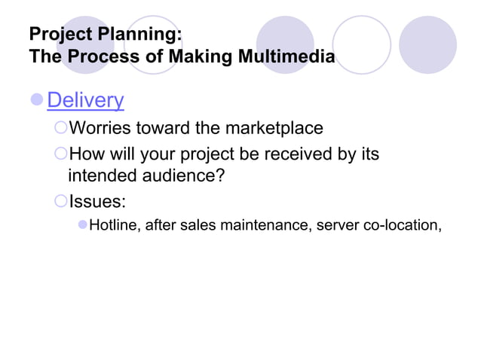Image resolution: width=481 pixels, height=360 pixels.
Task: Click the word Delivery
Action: tap(85, 100)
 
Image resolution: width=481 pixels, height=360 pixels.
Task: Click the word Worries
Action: tap(103, 129)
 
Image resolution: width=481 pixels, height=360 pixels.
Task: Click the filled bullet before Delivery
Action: tap(36, 100)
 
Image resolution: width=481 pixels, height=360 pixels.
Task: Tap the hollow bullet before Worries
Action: tap(61, 129)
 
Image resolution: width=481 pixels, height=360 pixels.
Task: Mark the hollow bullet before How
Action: tap(61, 154)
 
